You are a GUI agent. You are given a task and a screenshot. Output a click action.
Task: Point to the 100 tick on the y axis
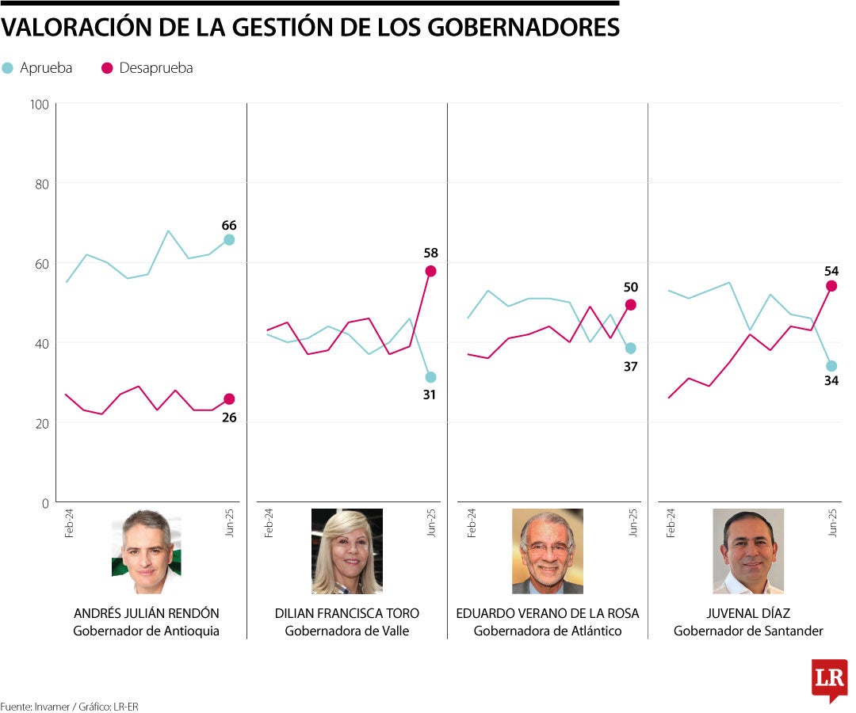coord(39,104)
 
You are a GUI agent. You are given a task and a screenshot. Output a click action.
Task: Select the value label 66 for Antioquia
coord(229,225)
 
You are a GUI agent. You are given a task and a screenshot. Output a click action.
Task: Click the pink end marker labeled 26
coord(229,399)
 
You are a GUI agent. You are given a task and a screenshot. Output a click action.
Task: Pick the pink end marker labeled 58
coord(430,271)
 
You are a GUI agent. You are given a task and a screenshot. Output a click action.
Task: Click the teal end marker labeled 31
coord(430,377)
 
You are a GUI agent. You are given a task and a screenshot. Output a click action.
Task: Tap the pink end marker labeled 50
coord(631,304)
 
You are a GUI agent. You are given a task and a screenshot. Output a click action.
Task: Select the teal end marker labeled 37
coord(631,348)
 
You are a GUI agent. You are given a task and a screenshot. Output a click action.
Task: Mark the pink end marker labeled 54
coord(831,286)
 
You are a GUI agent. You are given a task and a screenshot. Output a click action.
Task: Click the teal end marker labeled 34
coord(831,366)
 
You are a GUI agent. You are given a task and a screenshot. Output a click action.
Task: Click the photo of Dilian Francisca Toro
coord(346,551)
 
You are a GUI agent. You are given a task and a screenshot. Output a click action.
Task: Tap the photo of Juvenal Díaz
coord(748,551)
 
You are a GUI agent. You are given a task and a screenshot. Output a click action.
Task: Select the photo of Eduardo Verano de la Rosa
coord(547,551)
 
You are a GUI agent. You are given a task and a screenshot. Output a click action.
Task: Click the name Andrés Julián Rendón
coord(146,613)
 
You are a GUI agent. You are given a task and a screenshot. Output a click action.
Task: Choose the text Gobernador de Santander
coord(748,631)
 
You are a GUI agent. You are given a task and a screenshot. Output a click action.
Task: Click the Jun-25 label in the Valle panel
coord(431,523)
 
